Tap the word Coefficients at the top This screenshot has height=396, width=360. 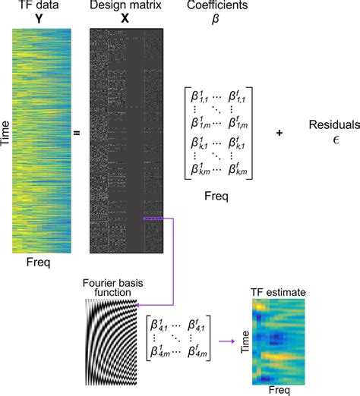click(210, 7)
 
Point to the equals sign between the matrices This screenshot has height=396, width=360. click(77, 134)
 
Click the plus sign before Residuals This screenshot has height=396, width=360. click(279, 134)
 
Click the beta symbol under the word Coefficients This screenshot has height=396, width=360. click(210, 20)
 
